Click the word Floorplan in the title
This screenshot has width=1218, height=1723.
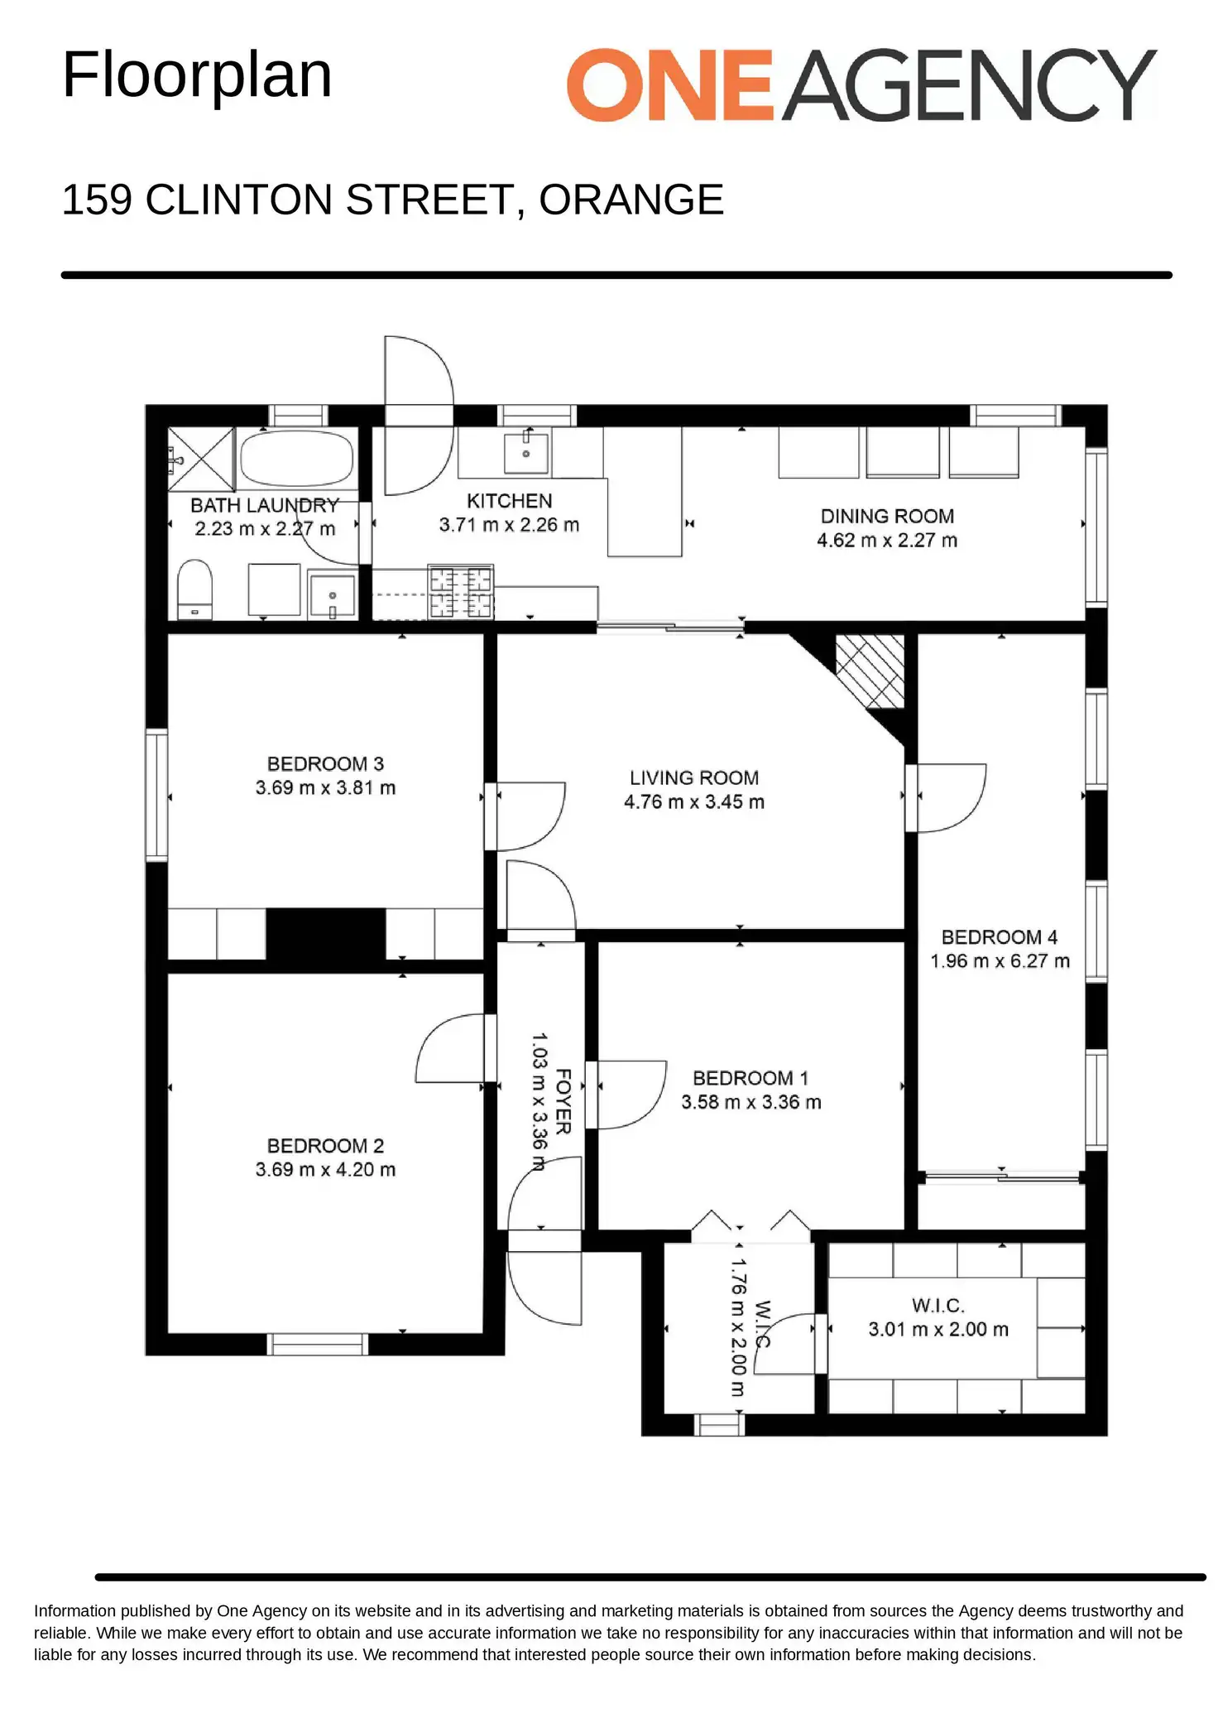click(197, 75)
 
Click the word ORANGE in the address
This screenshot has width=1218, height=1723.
click(631, 200)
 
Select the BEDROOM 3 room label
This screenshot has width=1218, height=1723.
click(325, 763)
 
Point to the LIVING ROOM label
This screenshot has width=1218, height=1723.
click(694, 777)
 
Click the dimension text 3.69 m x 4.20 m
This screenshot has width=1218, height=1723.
click(325, 1169)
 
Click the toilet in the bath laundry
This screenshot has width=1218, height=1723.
click(195, 590)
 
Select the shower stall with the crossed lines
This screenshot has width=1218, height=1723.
click(201, 460)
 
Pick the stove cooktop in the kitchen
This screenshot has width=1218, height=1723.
click(461, 592)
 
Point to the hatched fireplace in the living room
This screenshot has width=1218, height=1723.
click(870, 671)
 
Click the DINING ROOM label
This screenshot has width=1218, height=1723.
click(887, 516)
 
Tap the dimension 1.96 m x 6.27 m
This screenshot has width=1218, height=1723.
click(1000, 960)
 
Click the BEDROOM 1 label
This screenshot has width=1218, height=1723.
click(750, 1078)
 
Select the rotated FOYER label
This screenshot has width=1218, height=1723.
click(563, 1101)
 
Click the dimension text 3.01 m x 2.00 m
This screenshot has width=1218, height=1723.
click(938, 1329)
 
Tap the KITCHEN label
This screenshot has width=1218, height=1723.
click(509, 500)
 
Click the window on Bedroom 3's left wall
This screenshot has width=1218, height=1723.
click(156, 795)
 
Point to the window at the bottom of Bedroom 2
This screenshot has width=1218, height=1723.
click(317, 1344)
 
